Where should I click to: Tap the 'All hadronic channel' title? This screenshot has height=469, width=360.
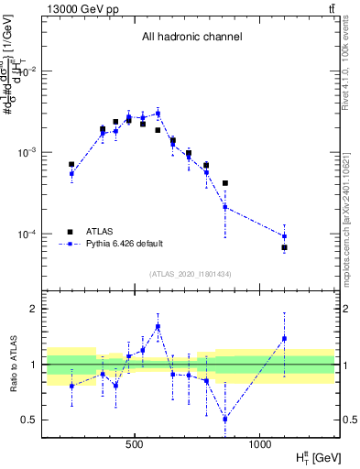(x=191, y=38)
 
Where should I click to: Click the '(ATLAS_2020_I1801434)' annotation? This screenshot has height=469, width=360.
(x=191, y=275)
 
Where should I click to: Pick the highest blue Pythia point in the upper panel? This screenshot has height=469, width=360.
(x=158, y=114)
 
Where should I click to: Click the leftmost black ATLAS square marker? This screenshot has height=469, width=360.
(x=71, y=165)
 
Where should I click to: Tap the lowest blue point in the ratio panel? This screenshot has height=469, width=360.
(x=225, y=419)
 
